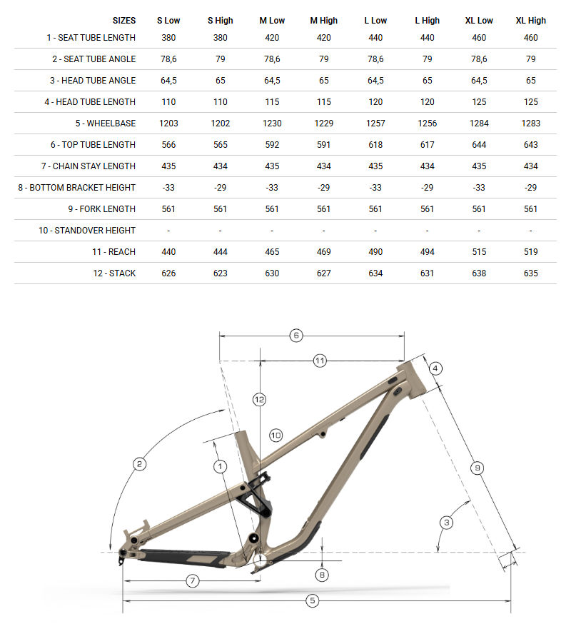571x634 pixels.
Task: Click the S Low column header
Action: tap(168, 21)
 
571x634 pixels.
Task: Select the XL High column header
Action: tap(530, 21)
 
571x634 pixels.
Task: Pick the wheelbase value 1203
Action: tap(168, 123)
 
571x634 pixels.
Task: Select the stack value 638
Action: tap(479, 273)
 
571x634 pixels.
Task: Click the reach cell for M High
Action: tap(323, 251)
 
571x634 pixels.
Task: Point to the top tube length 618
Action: tap(375, 144)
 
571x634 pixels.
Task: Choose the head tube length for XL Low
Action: tap(479, 101)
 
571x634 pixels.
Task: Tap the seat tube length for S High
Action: tap(220, 37)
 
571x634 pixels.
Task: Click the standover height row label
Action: tap(87, 230)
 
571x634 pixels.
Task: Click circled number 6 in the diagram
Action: tap(295, 335)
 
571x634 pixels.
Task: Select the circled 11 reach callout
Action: tap(320, 361)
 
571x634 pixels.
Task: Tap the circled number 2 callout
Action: tap(140, 464)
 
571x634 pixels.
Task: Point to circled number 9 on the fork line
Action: tap(477, 468)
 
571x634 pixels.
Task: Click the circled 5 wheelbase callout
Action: tap(312, 600)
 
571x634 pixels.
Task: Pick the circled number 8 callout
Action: tap(323, 573)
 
